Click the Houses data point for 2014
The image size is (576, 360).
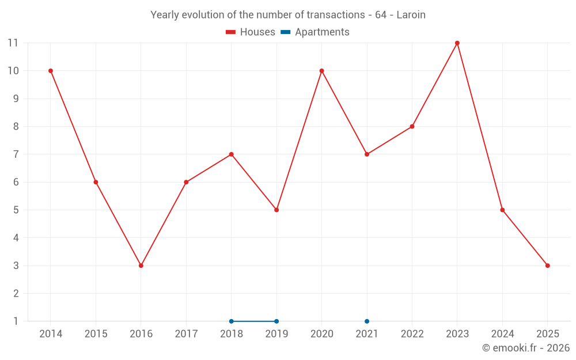[51, 71]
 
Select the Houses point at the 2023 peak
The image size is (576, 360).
[457, 43]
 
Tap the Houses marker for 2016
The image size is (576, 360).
[141, 266]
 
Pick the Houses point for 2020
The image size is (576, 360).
[321, 71]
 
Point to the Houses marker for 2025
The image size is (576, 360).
[547, 266]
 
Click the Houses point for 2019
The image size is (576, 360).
[276, 210]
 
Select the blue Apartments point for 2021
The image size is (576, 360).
[367, 321]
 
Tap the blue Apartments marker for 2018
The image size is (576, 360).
[232, 321]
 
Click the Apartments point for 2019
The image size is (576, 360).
[276, 321]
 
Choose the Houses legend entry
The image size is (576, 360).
[257, 32]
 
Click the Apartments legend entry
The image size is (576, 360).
[321, 32]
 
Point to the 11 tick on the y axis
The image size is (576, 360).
[13, 43]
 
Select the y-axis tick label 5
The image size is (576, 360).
[16, 210]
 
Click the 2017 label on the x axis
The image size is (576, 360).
[186, 334]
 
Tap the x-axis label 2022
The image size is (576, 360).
[412, 334]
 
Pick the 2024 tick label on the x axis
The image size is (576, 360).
[502, 334]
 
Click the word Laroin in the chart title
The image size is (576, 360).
[411, 15]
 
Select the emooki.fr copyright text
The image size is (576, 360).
[526, 348]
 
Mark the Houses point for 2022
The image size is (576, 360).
[412, 127]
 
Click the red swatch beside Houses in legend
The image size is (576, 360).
[231, 32]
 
